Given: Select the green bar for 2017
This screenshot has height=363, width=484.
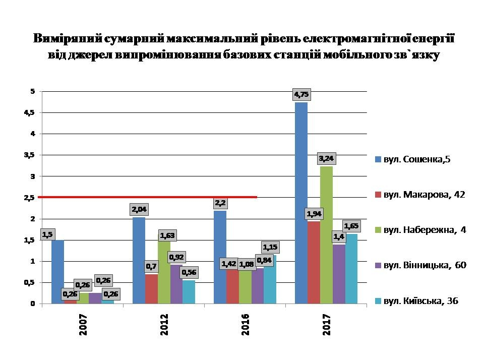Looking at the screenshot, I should (326, 237).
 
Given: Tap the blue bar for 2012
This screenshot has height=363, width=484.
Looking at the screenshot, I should (139, 262).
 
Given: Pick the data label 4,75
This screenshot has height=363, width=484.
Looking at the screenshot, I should (301, 94).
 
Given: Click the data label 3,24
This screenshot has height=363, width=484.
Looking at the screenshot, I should (326, 159).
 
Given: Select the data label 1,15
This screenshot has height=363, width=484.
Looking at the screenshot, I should (270, 248).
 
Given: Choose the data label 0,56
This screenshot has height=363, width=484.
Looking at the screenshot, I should (189, 273).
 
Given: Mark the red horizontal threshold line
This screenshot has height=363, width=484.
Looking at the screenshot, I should (151, 197).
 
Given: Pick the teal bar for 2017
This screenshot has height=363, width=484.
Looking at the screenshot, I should (351, 270).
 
